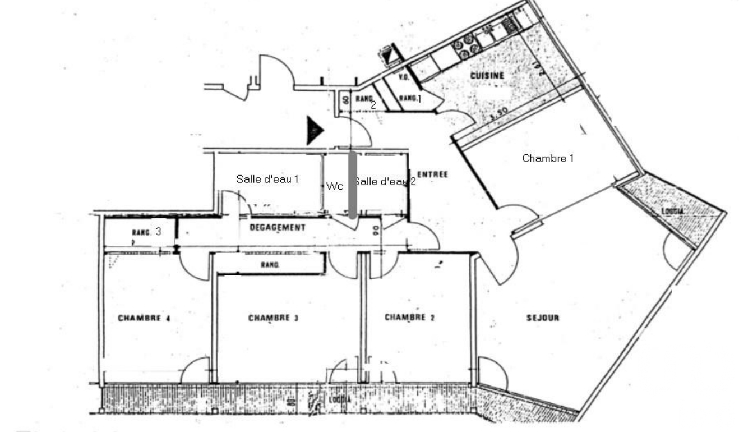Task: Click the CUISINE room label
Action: [x=487, y=75]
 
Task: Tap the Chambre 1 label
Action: [x=548, y=158]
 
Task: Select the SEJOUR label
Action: [x=543, y=318]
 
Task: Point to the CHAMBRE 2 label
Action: [x=410, y=318]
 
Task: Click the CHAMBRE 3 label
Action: [x=273, y=319]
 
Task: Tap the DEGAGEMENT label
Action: [x=278, y=228]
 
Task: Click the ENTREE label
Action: [x=433, y=174]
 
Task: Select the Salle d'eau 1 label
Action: [x=267, y=179]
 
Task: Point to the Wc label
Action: [x=335, y=186]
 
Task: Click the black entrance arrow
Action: [x=315, y=131]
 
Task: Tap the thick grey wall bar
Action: [x=352, y=185]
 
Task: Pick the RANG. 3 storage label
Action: [x=147, y=232]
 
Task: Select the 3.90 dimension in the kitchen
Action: [x=498, y=112]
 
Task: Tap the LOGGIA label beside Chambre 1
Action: [x=673, y=211]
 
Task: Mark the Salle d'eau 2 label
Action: [x=385, y=181]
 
